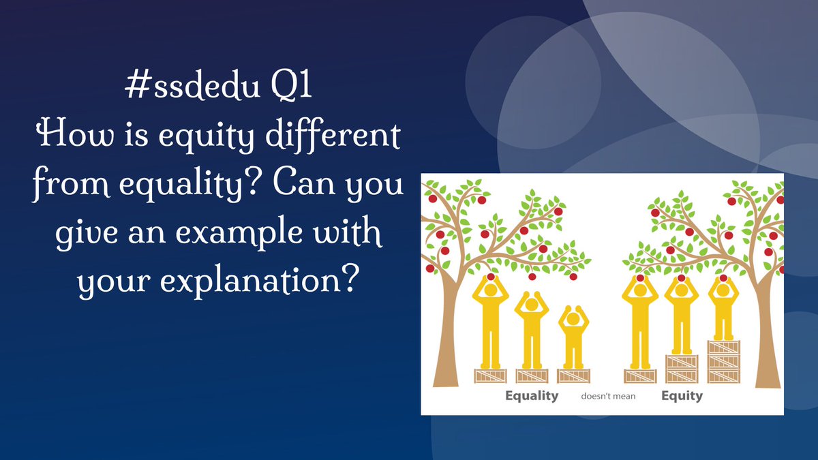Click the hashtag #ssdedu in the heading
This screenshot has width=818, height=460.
click(192, 85)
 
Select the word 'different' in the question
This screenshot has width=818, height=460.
click(333, 135)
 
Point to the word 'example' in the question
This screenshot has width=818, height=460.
click(239, 233)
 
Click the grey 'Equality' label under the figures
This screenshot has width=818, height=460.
click(532, 396)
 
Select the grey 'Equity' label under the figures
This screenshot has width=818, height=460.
click(682, 396)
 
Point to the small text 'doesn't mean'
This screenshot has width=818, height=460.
click(608, 396)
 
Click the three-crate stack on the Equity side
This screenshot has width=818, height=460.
click(724, 361)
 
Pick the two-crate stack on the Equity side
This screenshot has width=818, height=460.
click(682, 369)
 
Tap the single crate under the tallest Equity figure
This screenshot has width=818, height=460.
click(640, 376)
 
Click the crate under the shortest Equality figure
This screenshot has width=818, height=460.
click(573, 376)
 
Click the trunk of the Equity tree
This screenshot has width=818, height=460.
click(767, 328)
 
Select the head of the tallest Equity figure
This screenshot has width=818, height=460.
click(640, 290)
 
